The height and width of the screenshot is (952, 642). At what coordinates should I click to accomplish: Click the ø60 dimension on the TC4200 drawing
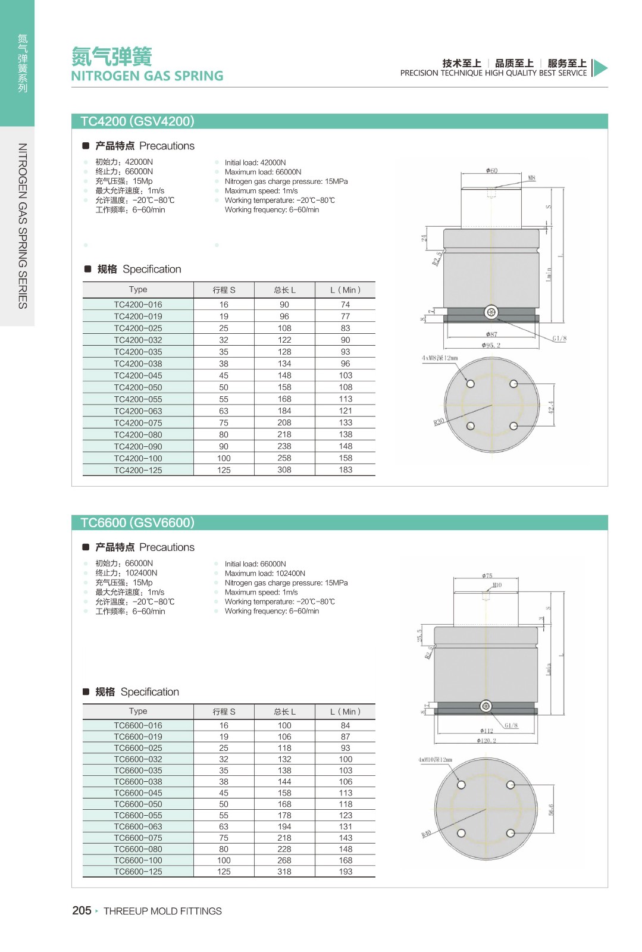[491, 171]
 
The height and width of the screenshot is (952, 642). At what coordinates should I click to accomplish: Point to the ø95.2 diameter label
[491, 345]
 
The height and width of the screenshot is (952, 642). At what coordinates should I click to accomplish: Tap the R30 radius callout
[439, 422]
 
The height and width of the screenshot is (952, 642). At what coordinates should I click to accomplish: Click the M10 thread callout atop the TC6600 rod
[497, 585]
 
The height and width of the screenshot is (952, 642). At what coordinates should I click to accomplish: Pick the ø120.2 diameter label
[486, 741]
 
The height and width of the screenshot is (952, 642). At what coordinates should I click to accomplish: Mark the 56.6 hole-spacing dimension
[552, 809]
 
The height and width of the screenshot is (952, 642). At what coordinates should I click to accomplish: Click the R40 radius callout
[426, 834]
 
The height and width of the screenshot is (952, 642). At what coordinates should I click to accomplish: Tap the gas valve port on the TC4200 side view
[491, 312]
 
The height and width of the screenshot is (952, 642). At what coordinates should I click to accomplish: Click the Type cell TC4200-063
[138, 411]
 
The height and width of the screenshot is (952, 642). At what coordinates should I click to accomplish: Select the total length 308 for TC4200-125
[284, 470]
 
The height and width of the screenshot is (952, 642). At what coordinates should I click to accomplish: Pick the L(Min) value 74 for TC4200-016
[345, 305]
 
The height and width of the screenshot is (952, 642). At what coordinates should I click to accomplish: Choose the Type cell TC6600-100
[138, 860]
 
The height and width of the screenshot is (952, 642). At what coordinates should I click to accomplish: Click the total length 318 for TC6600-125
[284, 872]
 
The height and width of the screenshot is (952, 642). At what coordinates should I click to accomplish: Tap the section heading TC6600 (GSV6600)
[137, 523]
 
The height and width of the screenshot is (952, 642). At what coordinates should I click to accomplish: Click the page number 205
[82, 911]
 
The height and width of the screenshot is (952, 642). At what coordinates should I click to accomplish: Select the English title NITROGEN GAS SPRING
[147, 76]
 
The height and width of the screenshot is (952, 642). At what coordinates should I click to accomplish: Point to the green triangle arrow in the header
[600, 68]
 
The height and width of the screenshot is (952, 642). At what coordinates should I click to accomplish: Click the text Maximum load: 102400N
[265, 574]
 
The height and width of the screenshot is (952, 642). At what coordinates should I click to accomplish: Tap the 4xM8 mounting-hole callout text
[440, 358]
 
